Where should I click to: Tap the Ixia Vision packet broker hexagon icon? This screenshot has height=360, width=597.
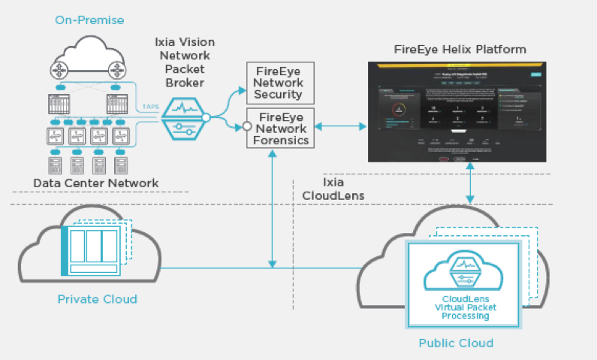(182, 116)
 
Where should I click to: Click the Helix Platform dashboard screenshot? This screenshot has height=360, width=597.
(459, 113)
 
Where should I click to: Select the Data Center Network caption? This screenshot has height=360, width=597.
(96, 183)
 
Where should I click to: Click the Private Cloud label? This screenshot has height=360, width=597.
(98, 299)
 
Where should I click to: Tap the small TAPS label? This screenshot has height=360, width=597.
(150, 107)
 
